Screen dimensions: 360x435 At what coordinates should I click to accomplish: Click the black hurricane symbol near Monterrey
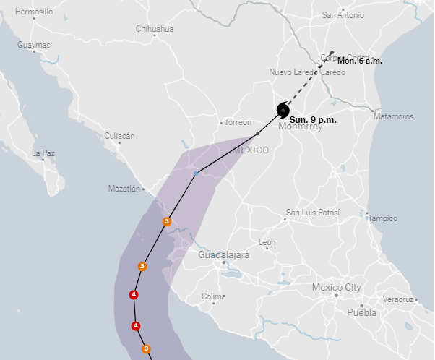pyautogui.click(x=283, y=110)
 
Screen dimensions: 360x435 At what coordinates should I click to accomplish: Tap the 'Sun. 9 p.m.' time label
pyautogui.click(x=313, y=119)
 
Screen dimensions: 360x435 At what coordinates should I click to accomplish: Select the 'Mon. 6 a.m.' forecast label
pyautogui.click(x=360, y=61)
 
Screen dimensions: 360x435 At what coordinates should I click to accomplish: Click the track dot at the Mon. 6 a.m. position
pyautogui.click(x=332, y=52)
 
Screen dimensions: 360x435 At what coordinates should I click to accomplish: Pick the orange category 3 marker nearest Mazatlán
pyautogui.click(x=167, y=221)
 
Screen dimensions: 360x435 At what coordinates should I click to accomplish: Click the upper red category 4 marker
pyautogui.click(x=134, y=294)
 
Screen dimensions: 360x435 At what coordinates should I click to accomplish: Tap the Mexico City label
pyautogui.click(x=336, y=287)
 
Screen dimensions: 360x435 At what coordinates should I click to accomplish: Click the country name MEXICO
pyautogui.click(x=250, y=150)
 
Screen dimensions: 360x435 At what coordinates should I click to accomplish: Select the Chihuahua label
pyautogui.click(x=155, y=29)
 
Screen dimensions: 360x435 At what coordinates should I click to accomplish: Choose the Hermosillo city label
pyautogui.click(x=34, y=12)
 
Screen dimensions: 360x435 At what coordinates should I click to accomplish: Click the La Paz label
pyautogui.click(x=43, y=153)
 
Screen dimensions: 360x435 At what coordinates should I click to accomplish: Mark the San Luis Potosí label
pyautogui.click(x=313, y=213)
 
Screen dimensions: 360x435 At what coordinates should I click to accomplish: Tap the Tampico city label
pyautogui.click(x=383, y=218)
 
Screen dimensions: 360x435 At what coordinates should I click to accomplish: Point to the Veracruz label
pyautogui.click(x=397, y=299)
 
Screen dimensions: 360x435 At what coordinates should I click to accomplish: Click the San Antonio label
pyautogui.click(x=343, y=14)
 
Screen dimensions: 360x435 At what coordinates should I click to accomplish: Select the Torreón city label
pyautogui.click(x=238, y=122)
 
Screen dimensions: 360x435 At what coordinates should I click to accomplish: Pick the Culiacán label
pyautogui.click(x=120, y=136)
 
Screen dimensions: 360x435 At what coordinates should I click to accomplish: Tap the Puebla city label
pyautogui.click(x=362, y=312)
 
